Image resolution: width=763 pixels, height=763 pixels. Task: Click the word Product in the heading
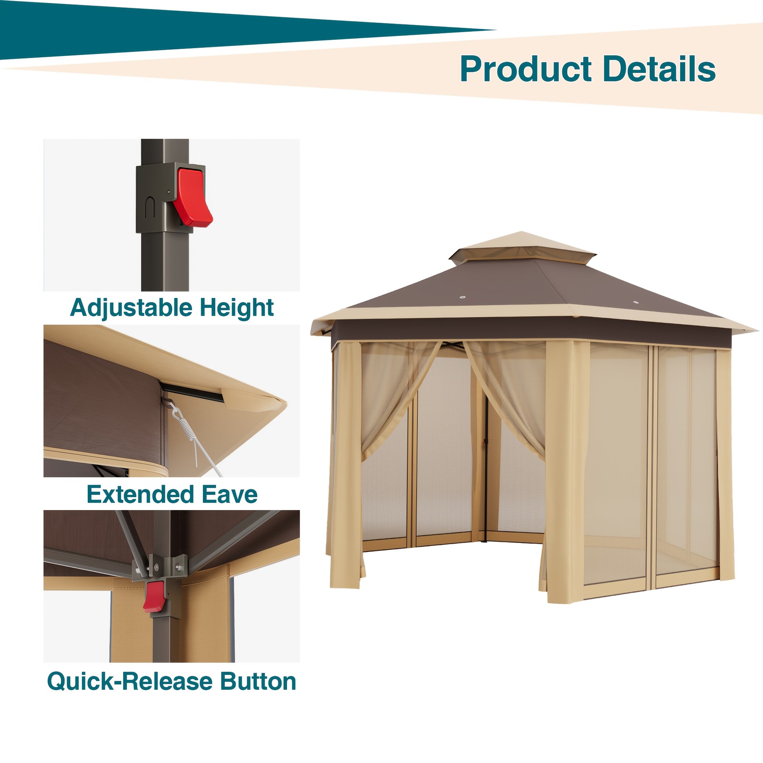(x=526, y=69)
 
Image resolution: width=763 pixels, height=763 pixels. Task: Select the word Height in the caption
(x=236, y=308)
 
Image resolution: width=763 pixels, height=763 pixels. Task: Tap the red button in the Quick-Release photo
(x=154, y=596)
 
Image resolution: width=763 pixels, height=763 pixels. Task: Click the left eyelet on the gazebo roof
(x=462, y=296)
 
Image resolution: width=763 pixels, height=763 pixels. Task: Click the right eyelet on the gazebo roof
(x=636, y=303)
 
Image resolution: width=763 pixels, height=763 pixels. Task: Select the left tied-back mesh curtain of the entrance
(x=399, y=399)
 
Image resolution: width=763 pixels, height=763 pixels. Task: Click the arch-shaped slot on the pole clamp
(x=150, y=207)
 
